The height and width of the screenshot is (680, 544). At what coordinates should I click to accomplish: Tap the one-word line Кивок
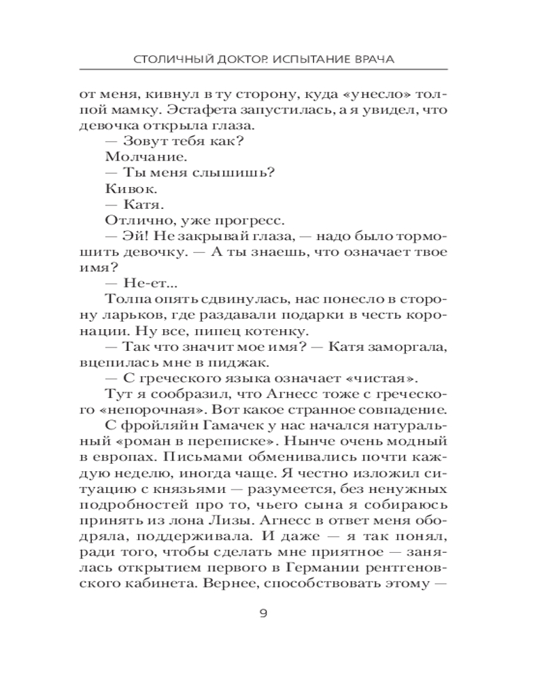pos(126,187)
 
